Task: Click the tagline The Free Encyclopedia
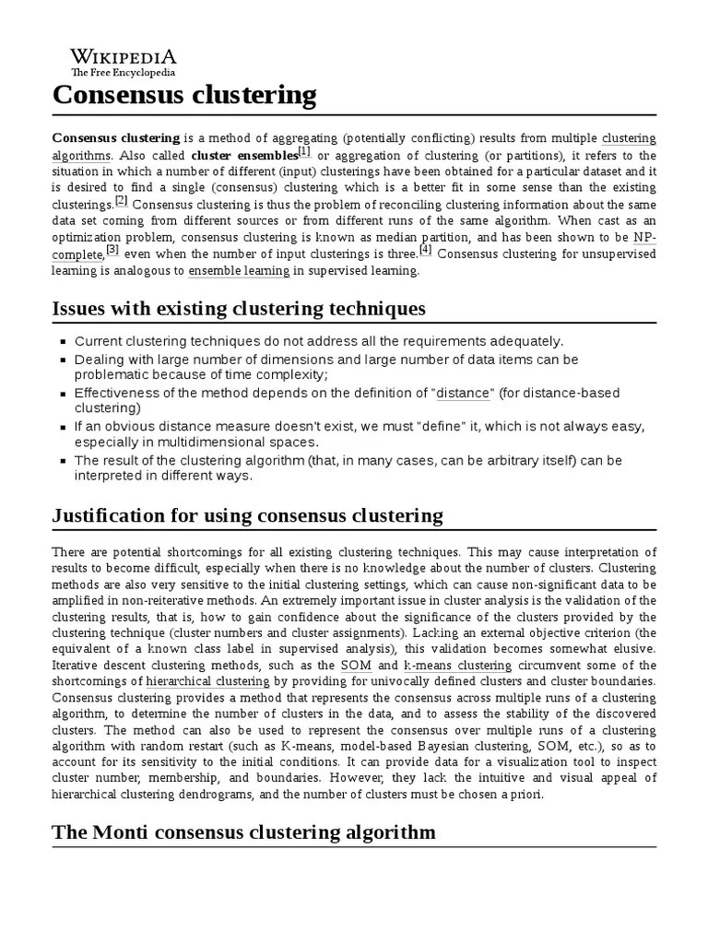click(124, 72)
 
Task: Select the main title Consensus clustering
click(184, 95)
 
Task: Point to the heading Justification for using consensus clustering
click(247, 514)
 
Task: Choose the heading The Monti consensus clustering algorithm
click(243, 832)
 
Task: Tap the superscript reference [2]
click(121, 201)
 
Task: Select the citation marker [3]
click(112, 250)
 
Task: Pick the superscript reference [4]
click(425, 250)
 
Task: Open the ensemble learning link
click(239, 271)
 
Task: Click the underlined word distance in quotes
click(464, 393)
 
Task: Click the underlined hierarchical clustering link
click(207, 681)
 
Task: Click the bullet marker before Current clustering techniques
click(63, 341)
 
